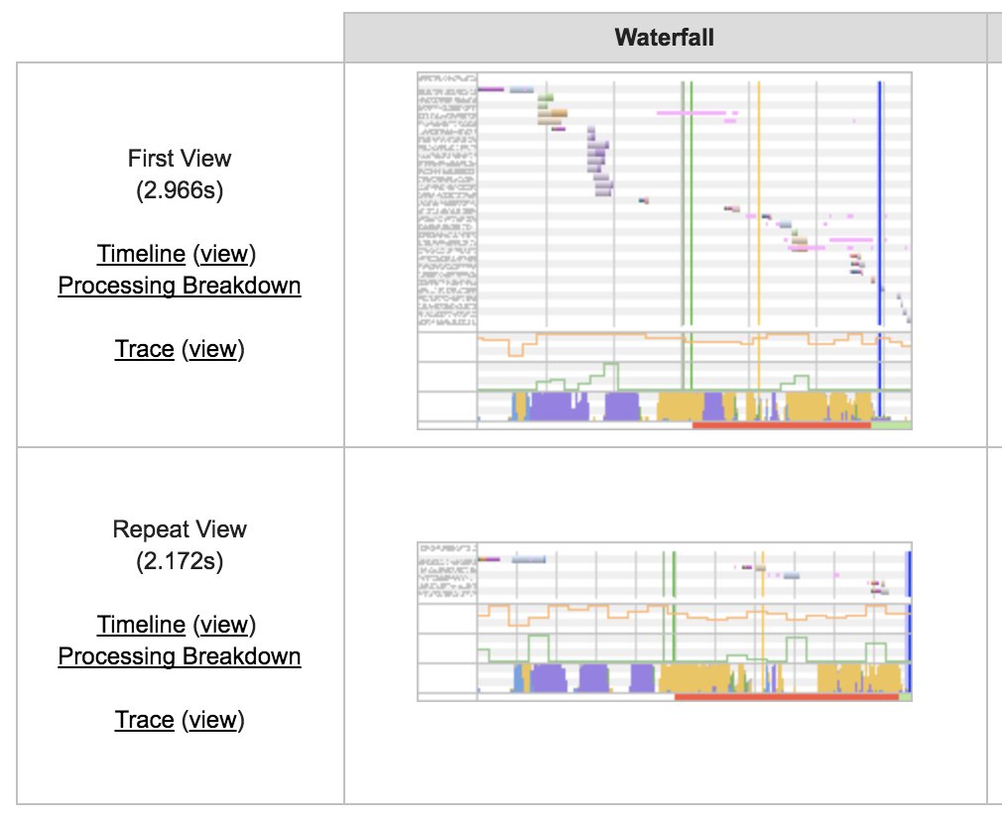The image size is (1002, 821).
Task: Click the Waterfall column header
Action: coord(665,38)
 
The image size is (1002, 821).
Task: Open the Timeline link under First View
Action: coord(141,254)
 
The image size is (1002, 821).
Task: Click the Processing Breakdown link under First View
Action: coord(180,286)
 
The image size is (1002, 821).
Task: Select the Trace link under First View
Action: coord(145,349)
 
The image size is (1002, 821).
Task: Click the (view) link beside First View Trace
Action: coord(213,349)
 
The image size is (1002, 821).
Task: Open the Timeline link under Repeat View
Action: coord(141,625)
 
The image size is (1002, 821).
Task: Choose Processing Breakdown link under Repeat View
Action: coord(180,656)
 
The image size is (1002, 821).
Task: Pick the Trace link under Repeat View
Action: coord(145,720)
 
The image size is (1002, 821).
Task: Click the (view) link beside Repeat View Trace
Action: coord(213,720)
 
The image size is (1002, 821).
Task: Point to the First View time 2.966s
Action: coord(180,190)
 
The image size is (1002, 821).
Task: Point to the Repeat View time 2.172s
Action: coord(180,561)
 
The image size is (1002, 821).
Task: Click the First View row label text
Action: coord(180,159)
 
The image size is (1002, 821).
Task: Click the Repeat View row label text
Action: coord(180,529)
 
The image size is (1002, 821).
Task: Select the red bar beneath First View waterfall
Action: coord(781,424)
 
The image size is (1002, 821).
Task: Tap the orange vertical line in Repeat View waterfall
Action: coord(762,615)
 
